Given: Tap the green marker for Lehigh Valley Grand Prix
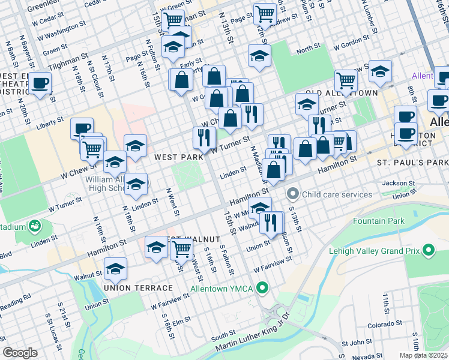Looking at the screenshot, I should coord(429,249).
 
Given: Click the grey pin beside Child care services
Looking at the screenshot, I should coord(293,194).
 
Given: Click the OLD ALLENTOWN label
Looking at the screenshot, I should coord(341,93).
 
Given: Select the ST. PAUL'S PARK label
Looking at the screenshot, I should coord(412,163).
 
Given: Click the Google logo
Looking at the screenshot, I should coord(20,353).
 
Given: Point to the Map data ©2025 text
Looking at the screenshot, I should coord(424,355).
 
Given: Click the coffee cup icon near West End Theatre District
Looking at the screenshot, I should coord(40,83).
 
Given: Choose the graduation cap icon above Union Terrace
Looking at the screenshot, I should coord(115,269).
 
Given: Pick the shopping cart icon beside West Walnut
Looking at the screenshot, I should coord(181,248).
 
